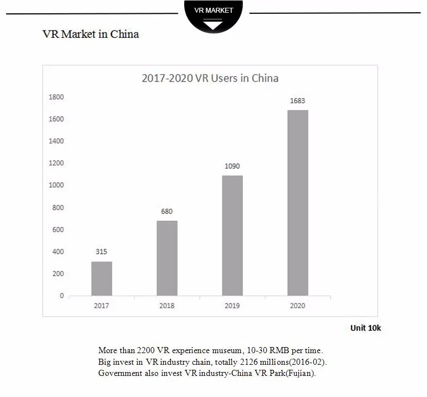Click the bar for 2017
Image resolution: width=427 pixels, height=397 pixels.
(101, 278)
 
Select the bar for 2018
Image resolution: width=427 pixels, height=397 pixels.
(167, 258)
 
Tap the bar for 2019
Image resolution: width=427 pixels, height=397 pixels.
(232, 235)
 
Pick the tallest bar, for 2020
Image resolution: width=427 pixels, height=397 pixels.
(298, 203)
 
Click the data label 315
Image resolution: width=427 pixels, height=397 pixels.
(101, 252)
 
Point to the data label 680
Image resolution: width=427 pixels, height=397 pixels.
(167, 211)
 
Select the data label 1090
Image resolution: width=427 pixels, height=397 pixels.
(232, 166)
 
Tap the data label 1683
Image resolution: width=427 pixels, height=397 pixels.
(298, 101)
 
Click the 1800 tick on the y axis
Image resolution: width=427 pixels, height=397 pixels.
(57, 97)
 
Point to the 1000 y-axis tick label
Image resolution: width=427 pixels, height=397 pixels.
(57, 185)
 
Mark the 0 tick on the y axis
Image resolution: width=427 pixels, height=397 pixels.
(62, 296)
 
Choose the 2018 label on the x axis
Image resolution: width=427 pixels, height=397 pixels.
(167, 305)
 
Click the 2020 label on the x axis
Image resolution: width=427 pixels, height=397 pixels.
(298, 305)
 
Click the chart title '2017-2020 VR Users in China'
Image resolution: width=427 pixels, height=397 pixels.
(210, 78)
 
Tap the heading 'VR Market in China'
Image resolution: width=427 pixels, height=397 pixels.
(91, 34)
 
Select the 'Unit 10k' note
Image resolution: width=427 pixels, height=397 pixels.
(365, 328)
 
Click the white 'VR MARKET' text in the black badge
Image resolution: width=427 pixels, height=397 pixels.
(214, 11)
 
